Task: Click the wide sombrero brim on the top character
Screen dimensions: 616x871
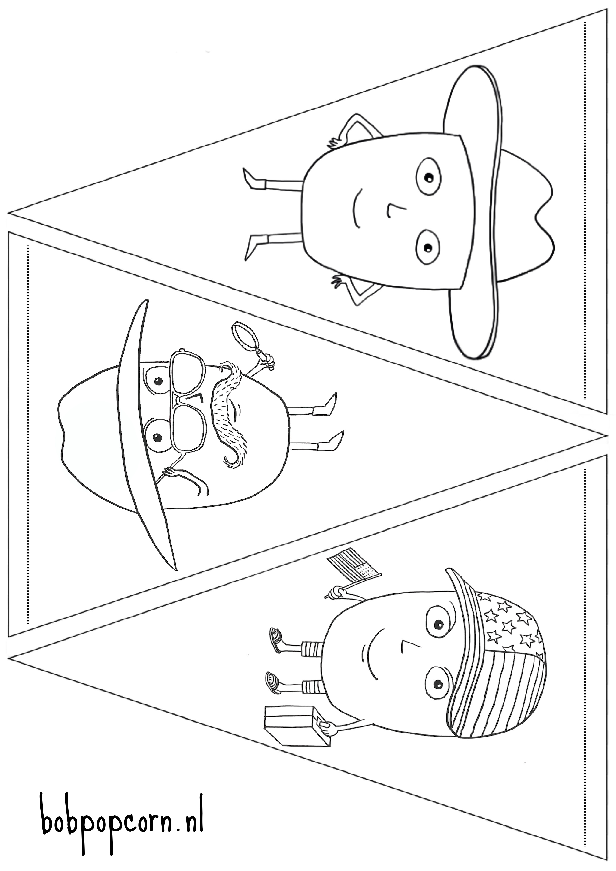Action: click(x=474, y=213)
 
